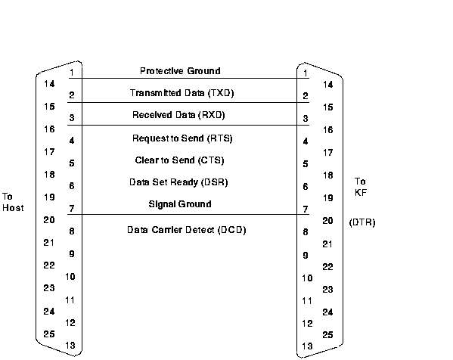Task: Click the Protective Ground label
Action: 180,71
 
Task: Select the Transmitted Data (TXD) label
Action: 182,93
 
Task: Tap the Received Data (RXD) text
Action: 178,115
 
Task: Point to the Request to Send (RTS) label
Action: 182,138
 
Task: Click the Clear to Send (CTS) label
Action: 179,160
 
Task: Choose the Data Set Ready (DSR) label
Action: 178,182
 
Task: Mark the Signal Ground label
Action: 180,204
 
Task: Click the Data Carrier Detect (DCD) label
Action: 186,230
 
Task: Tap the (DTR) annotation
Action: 362,222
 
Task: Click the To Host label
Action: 13,202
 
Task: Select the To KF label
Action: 361,187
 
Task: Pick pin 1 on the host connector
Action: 72,73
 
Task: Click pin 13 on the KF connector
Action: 307,346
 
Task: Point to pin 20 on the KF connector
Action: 328,221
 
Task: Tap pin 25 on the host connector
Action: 49,334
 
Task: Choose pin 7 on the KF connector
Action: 306,209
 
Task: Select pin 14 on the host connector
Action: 49,84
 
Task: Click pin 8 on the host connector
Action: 72,231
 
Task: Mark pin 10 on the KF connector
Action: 307,278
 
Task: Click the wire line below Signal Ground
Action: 188,214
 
